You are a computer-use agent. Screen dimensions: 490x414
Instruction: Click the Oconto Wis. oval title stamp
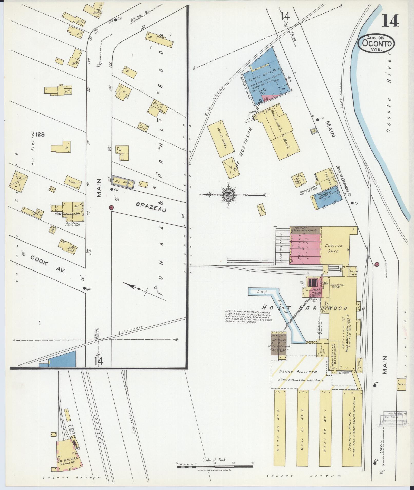tap(376, 44)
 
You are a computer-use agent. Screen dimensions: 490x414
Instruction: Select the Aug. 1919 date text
tap(376, 37)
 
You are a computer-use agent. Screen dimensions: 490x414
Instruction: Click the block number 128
tap(41, 134)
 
